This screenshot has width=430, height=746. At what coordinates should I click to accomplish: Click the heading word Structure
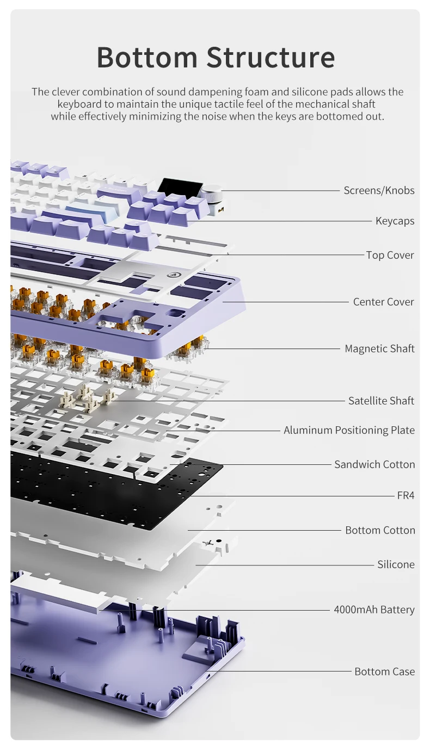coord(271,57)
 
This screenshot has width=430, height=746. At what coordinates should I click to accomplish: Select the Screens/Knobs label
coord(379,190)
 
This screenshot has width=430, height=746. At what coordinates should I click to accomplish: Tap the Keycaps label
coord(395,221)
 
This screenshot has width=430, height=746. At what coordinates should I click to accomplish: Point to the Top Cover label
coord(390,255)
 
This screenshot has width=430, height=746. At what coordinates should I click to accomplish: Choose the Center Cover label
coord(383,302)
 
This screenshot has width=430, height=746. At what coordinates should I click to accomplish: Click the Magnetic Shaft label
coord(379,349)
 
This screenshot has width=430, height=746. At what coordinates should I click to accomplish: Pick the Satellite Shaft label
coord(381,401)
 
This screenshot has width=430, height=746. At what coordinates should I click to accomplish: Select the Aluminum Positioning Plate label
coord(349,430)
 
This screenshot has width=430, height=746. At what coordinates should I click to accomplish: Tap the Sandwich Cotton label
coord(374,464)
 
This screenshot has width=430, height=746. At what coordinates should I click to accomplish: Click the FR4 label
coord(406,495)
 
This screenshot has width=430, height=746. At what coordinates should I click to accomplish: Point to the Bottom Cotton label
coord(380,530)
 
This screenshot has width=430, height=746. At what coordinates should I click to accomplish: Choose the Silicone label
coord(396,564)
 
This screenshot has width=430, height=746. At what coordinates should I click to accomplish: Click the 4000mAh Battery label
coord(374,610)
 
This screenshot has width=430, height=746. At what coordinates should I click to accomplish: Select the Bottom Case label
coord(384,672)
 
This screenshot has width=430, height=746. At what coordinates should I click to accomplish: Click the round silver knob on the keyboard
coord(211,194)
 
